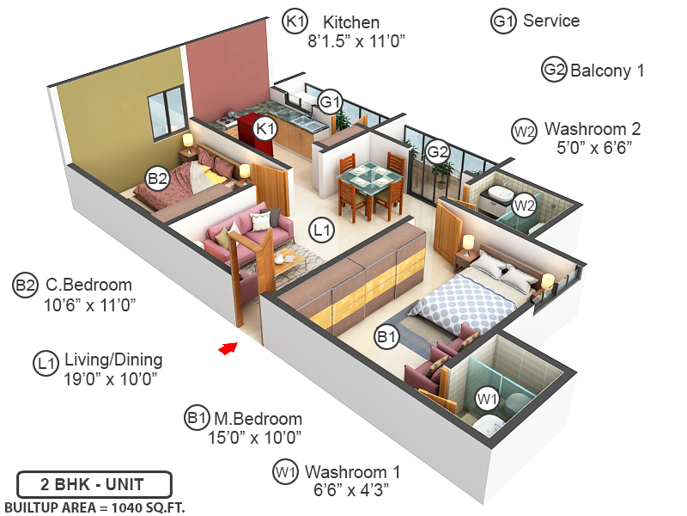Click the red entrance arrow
(x=228, y=347)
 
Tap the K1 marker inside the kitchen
(x=266, y=130)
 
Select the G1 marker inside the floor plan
(x=331, y=101)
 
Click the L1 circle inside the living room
(x=321, y=230)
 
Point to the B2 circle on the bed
(x=157, y=179)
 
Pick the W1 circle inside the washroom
(x=487, y=399)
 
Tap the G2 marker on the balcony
(x=438, y=152)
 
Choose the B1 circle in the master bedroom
(x=387, y=336)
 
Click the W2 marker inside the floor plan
(x=523, y=205)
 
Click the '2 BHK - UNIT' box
(x=94, y=482)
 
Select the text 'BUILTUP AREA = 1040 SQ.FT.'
(x=94, y=507)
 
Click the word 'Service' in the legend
(x=550, y=21)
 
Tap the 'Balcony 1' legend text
(x=606, y=71)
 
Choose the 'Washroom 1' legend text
(x=352, y=472)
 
